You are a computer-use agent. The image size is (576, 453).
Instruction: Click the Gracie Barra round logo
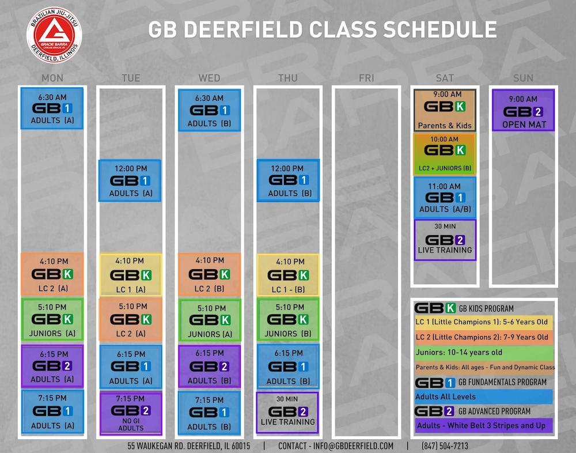tap(54, 35)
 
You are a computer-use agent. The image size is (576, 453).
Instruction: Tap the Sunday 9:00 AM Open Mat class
tap(523, 110)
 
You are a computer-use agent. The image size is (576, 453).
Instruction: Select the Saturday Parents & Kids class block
tap(445, 110)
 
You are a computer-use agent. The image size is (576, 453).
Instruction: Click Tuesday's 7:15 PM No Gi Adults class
tap(131, 413)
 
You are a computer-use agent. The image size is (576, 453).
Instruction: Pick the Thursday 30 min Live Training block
tap(287, 413)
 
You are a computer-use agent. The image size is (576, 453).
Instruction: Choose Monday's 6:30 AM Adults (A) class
tap(52, 108)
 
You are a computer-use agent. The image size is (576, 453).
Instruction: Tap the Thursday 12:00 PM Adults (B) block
tap(288, 180)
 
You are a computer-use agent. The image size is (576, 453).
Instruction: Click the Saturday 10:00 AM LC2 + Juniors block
tap(445, 154)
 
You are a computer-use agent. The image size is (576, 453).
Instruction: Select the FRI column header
tap(366, 78)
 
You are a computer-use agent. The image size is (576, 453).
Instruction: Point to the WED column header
tap(210, 78)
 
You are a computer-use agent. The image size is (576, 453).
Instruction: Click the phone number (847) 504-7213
tap(445, 446)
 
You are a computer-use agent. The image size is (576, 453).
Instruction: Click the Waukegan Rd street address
tap(189, 446)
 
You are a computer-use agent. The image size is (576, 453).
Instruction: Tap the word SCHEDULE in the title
tap(440, 29)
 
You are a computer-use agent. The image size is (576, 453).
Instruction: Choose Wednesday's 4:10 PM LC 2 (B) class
tap(210, 274)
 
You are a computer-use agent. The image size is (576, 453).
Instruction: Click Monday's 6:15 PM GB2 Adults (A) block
tap(52, 366)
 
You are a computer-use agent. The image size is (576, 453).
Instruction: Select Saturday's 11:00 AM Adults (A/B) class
tap(445, 198)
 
